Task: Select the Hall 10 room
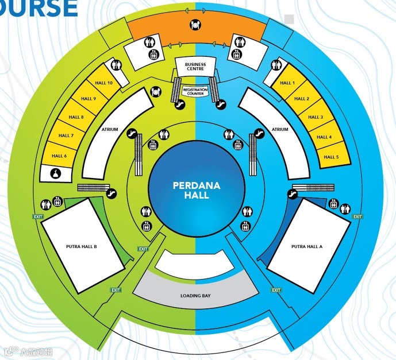coord(105,83)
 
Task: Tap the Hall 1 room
coord(287,83)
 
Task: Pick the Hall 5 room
coord(331,157)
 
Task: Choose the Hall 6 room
coord(59,156)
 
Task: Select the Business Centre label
coord(195,66)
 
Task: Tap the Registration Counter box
coord(195,91)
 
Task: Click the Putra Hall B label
coord(82,246)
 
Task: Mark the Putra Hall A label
coord(307,246)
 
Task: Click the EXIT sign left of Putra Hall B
coord(38,216)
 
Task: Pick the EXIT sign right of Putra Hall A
coord(357,216)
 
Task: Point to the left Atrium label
coord(109,130)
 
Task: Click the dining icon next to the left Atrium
coord(156,91)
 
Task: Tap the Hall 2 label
coord(302,99)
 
